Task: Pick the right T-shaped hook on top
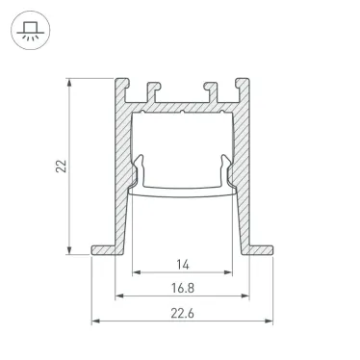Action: (210, 90)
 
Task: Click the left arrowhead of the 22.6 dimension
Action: (94, 320)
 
